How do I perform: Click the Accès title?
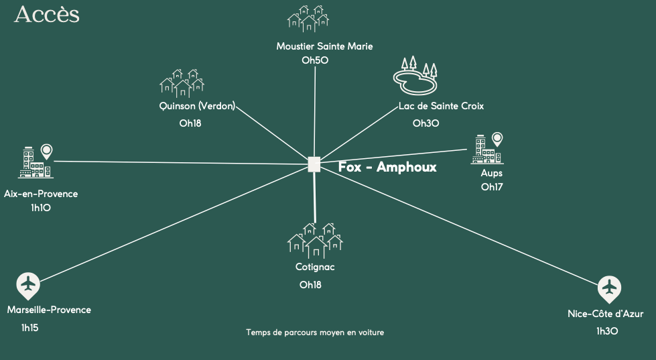tap(46, 14)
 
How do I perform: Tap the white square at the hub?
tap(314, 164)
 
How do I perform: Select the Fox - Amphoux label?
tap(387, 167)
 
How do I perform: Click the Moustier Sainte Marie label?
tap(324, 46)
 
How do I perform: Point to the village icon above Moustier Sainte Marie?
tap(307, 18)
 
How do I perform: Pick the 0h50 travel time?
tap(315, 60)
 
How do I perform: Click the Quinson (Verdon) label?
tap(198, 106)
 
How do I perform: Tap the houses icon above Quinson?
tap(182, 83)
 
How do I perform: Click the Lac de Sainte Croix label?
tap(441, 106)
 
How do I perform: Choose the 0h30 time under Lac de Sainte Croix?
tap(425, 123)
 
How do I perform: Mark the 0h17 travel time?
tap(492, 186)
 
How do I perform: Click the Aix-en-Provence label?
tap(41, 194)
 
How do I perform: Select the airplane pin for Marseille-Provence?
tap(27, 286)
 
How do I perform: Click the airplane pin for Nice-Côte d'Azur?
tap(609, 288)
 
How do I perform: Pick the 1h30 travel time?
tap(606, 331)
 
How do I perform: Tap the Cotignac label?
tap(315, 267)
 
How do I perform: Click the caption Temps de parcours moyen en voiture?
tap(315, 332)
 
